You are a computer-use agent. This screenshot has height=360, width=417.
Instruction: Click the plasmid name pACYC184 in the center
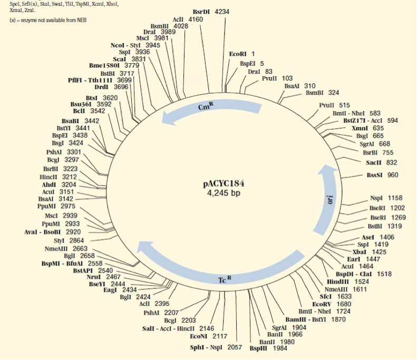[x=224, y=184]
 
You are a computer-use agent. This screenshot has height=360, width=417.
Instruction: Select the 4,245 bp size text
[x=224, y=193]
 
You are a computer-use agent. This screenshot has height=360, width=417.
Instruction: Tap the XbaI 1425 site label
[x=377, y=252]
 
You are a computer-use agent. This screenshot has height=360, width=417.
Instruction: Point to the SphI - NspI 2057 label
[x=216, y=348]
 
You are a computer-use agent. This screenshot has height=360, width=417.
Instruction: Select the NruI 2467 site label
[x=110, y=277]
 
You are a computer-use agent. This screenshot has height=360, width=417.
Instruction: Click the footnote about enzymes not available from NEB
[x=48, y=20]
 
